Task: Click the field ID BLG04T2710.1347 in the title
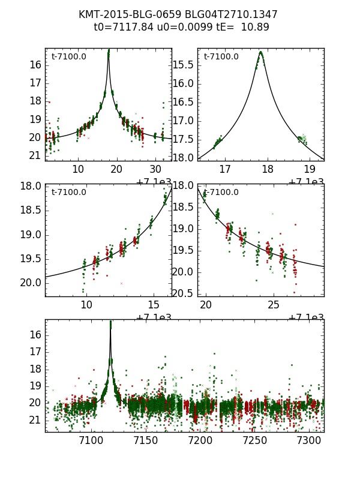click(231, 14)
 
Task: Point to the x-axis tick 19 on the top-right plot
click(310, 170)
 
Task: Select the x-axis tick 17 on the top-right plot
click(225, 170)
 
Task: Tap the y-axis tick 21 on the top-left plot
click(35, 156)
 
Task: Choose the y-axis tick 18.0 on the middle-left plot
click(30, 186)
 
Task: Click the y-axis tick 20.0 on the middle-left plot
click(30, 283)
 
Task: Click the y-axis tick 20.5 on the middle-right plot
click(182, 293)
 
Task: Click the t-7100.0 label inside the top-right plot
click(221, 57)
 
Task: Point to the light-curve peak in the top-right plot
click(260, 52)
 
